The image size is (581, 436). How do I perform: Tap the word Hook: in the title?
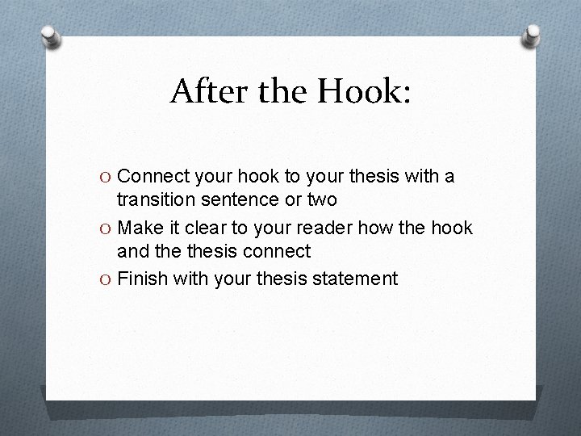click(364, 92)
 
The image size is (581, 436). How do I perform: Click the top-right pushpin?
click(532, 35)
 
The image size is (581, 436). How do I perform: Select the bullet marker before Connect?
click(107, 176)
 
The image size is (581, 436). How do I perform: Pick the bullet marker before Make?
click(107, 228)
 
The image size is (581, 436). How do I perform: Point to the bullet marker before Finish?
click(107, 279)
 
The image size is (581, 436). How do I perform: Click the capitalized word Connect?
click(153, 175)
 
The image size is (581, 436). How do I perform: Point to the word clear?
click(202, 228)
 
